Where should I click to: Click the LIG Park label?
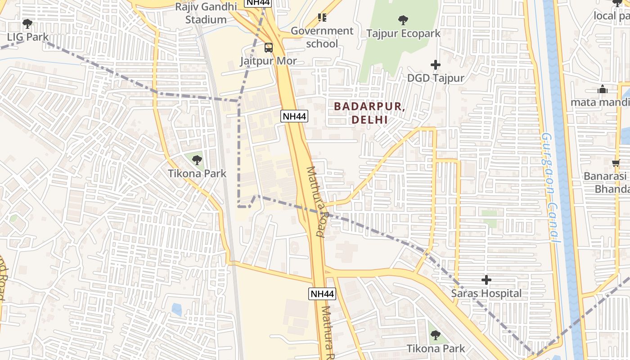(x=28, y=37)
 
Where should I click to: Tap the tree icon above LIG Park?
(x=27, y=23)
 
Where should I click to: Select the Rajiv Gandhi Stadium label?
(x=206, y=13)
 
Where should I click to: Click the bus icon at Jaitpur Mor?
(x=269, y=47)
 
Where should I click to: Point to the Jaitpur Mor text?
(x=269, y=60)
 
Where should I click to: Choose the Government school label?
(x=322, y=37)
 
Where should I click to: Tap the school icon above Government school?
(x=322, y=18)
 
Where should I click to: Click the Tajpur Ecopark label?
(x=403, y=33)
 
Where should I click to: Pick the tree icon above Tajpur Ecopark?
(x=403, y=20)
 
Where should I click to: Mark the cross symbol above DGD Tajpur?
(x=435, y=65)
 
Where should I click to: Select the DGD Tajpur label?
(x=435, y=78)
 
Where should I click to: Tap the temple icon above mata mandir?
(x=603, y=90)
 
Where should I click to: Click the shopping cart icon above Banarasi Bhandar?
(x=616, y=163)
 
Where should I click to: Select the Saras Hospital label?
(x=486, y=293)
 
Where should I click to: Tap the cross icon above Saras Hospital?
(x=486, y=280)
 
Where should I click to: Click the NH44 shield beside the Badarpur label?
(x=294, y=116)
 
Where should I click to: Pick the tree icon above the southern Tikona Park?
(x=435, y=335)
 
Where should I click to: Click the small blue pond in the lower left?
(x=177, y=310)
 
